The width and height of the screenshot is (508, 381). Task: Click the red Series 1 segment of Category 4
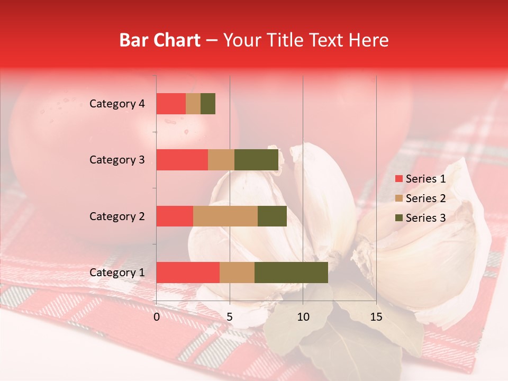coord(171,104)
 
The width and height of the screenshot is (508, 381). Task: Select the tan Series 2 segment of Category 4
coord(193,104)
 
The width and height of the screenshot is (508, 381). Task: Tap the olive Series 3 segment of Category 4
coord(208,104)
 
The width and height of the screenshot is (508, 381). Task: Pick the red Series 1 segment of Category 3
coord(182,160)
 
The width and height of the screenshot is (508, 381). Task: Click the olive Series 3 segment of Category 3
coord(256,160)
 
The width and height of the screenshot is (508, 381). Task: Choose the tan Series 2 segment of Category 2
coord(225,216)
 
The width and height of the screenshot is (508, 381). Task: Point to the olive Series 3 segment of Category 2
coord(272,216)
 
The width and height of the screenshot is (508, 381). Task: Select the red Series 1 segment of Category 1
coord(188,273)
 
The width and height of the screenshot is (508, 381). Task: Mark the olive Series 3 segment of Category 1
coord(291,273)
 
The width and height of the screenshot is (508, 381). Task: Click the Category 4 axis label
coord(117,104)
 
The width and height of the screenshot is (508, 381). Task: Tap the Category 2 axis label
coord(117,216)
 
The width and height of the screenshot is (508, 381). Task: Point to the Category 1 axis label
coord(117,273)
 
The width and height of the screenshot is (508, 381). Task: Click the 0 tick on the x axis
coord(157,317)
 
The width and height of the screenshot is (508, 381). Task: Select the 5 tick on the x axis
coord(230,317)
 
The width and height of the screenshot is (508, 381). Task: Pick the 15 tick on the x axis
coord(376,317)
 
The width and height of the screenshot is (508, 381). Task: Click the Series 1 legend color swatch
coord(398,179)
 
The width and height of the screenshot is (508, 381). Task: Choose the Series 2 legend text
coord(425,198)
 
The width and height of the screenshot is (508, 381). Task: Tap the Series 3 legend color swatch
coord(398,218)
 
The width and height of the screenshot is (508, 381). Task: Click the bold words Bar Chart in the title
coord(160,40)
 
